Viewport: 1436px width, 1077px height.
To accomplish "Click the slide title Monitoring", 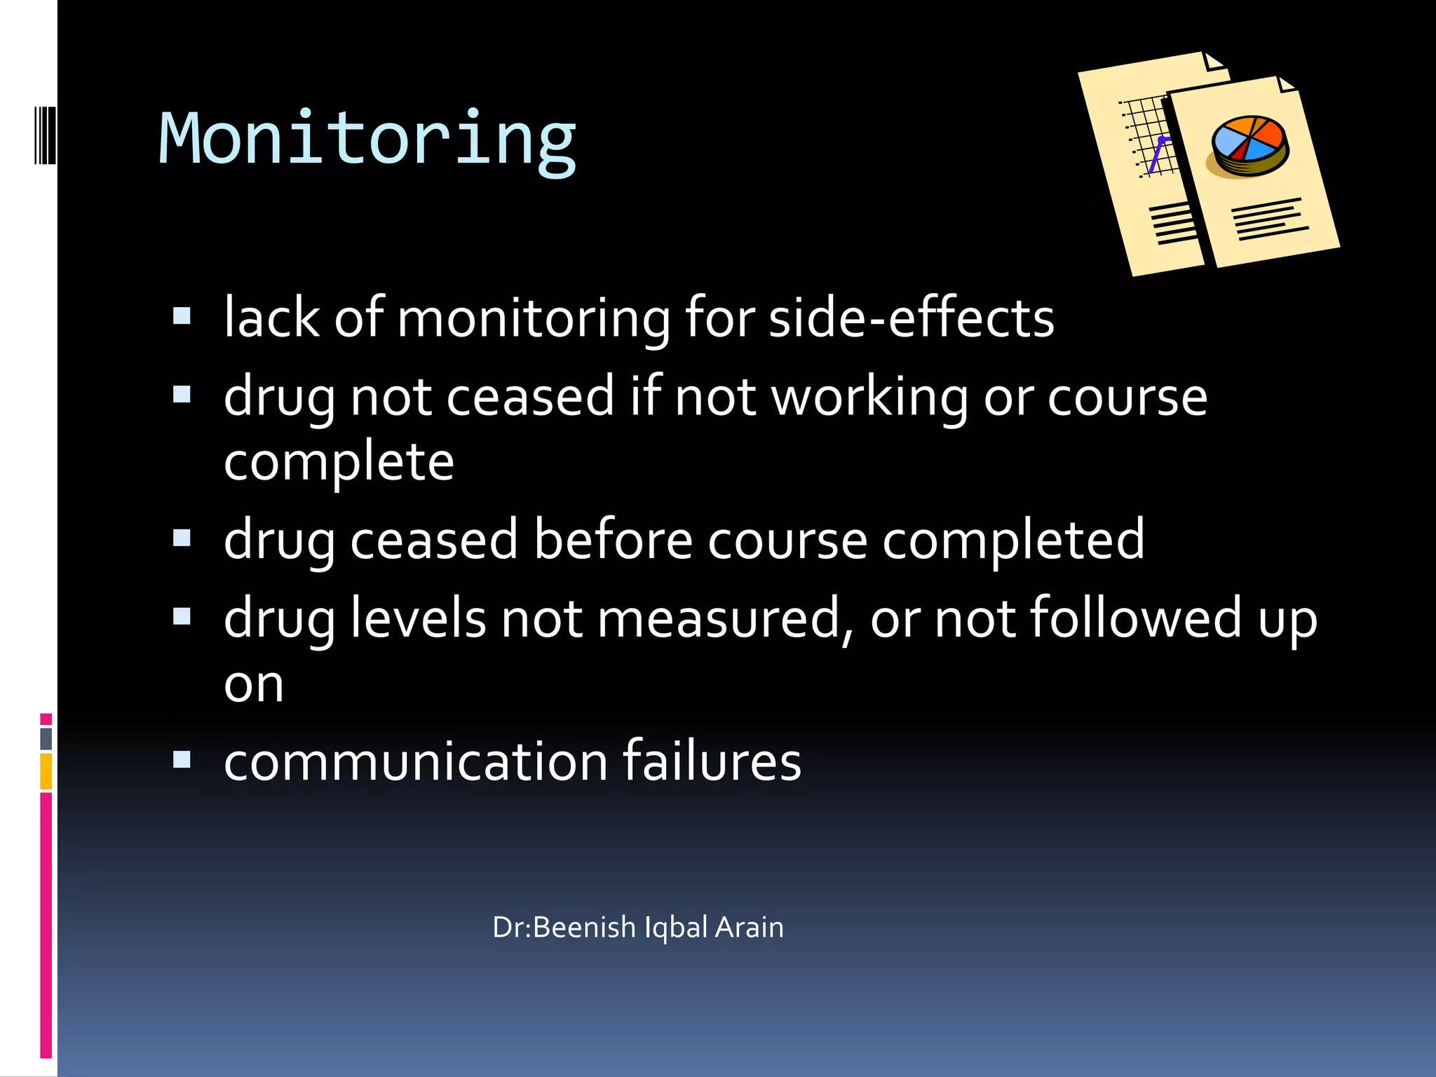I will tap(367, 140).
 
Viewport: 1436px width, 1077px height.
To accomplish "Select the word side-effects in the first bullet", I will tap(911, 319).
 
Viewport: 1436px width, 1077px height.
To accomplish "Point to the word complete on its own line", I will tap(339, 463).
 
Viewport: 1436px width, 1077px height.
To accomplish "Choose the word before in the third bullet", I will tap(613, 541).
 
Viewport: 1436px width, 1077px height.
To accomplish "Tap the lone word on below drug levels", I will tap(254, 684).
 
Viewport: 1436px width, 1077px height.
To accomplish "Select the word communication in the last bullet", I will tap(415, 762).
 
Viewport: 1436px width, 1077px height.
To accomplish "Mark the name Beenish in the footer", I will tap(584, 928).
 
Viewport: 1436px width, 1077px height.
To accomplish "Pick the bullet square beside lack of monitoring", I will tap(182, 317).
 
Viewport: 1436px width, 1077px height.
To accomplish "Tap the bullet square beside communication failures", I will tap(182, 760).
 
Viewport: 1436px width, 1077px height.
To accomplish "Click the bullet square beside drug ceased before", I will tap(182, 538).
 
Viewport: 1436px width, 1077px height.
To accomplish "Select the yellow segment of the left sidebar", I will tap(46, 771).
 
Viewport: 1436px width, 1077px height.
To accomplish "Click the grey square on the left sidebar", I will tap(46, 738).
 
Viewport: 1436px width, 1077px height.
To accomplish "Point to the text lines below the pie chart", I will tap(1269, 219).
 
